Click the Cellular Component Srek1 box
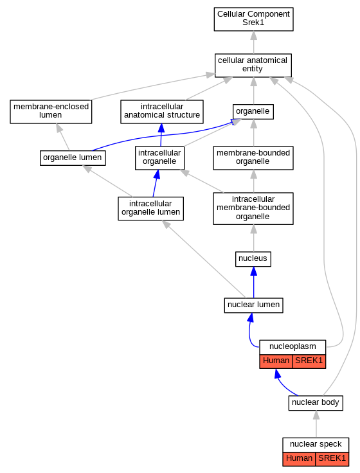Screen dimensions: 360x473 253,19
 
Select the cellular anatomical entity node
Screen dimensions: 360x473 253,66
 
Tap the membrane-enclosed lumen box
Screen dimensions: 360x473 51,112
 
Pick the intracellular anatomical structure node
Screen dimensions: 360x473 162,112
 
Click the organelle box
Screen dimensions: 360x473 253,112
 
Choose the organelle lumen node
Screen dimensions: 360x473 73,158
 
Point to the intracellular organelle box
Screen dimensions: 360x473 159,158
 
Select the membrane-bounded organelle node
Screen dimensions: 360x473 253,158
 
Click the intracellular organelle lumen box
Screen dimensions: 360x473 150,208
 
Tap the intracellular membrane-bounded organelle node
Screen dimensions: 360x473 253,208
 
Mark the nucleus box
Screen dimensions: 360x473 253,259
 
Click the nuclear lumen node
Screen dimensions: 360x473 253,305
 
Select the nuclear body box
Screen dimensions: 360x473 316,403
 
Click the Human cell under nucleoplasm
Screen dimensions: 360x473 276,361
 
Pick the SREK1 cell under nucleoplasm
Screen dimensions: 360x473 309,361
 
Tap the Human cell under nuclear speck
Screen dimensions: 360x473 299,459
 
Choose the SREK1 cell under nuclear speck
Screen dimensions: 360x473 332,459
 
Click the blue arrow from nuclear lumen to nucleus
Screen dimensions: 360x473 253,282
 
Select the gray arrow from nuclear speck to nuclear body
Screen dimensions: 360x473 316,424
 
